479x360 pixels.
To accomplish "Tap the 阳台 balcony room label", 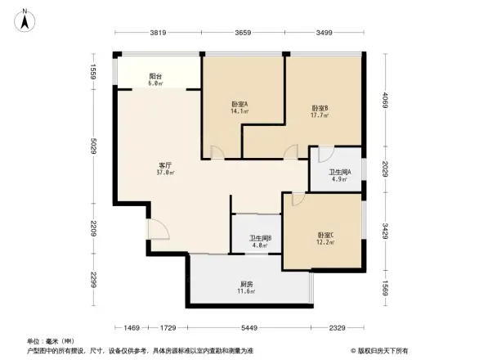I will tap(155, 76).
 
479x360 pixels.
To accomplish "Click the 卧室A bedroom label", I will tap(239, 104).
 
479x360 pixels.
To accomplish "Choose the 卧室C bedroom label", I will tap(326, 235).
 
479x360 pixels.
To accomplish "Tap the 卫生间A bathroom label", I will tap(339, 172).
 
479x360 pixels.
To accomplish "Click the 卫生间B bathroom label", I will tap(260, 239).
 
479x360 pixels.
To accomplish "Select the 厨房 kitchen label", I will tap(245, 284).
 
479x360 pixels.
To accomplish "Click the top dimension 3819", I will tap(159, 33).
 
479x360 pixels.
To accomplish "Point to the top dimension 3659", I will tap(243, 33).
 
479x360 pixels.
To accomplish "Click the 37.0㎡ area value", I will tap(164, 173).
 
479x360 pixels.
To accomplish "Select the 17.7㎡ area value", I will tap(320, 116).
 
